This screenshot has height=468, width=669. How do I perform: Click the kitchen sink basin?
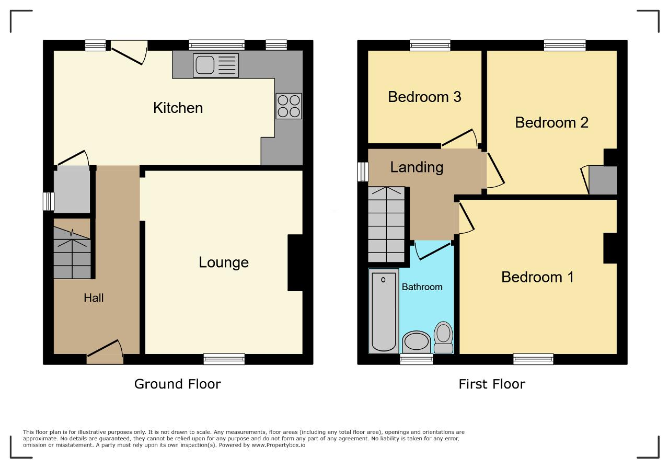pos(205,65)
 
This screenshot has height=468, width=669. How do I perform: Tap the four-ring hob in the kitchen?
pos(289,106)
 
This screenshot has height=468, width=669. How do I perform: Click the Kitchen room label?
pos(178,108)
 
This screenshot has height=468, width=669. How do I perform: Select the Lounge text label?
pos(224,262)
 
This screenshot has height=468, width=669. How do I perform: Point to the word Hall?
pos(94,298)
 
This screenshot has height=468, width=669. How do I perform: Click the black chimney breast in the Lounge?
pos(295,262)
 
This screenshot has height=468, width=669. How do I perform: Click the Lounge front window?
pos(224,359)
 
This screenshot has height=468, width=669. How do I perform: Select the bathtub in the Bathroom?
pos(384,311)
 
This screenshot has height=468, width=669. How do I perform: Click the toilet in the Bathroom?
pos(444,337)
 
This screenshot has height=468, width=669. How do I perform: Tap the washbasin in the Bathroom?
pos(417,342)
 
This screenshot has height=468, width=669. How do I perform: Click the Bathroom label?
pos(422,287)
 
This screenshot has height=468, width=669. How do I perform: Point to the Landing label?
pos(417,167)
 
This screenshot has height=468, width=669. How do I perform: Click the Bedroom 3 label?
pos(424,97)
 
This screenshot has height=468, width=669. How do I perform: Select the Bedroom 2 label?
pos(551,122)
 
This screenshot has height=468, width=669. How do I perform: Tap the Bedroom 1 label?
pos(538,277)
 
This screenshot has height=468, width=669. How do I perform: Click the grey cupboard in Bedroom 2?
pos(603,180)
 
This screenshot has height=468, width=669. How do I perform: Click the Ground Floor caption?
pos(177,384)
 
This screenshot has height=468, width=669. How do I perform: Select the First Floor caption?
pos(492,384)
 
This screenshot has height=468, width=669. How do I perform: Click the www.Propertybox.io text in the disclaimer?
pos(278,445)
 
